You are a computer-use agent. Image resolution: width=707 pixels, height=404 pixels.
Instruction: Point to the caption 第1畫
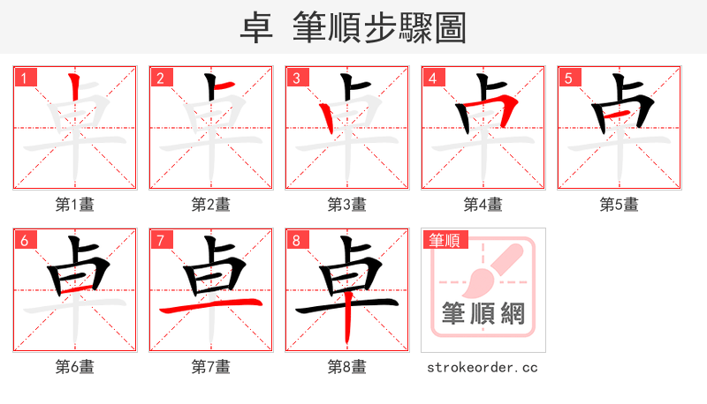pyautogui.click(x=75, y=205)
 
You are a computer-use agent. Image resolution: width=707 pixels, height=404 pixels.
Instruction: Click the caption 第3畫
pyautogui.click(x=347, y=205)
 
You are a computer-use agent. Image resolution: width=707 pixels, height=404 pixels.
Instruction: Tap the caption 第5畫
pyautogui.click(x=620, y=205)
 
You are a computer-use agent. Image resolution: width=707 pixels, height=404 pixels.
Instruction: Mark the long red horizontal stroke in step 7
pyautogui.click(x=210, y=306)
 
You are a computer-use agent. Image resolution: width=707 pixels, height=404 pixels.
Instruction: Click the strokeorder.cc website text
pyautogui.click(x=483, y=367)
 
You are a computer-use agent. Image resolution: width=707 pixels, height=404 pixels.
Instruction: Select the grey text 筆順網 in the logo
pyautogui.click(x=483, y=314)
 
